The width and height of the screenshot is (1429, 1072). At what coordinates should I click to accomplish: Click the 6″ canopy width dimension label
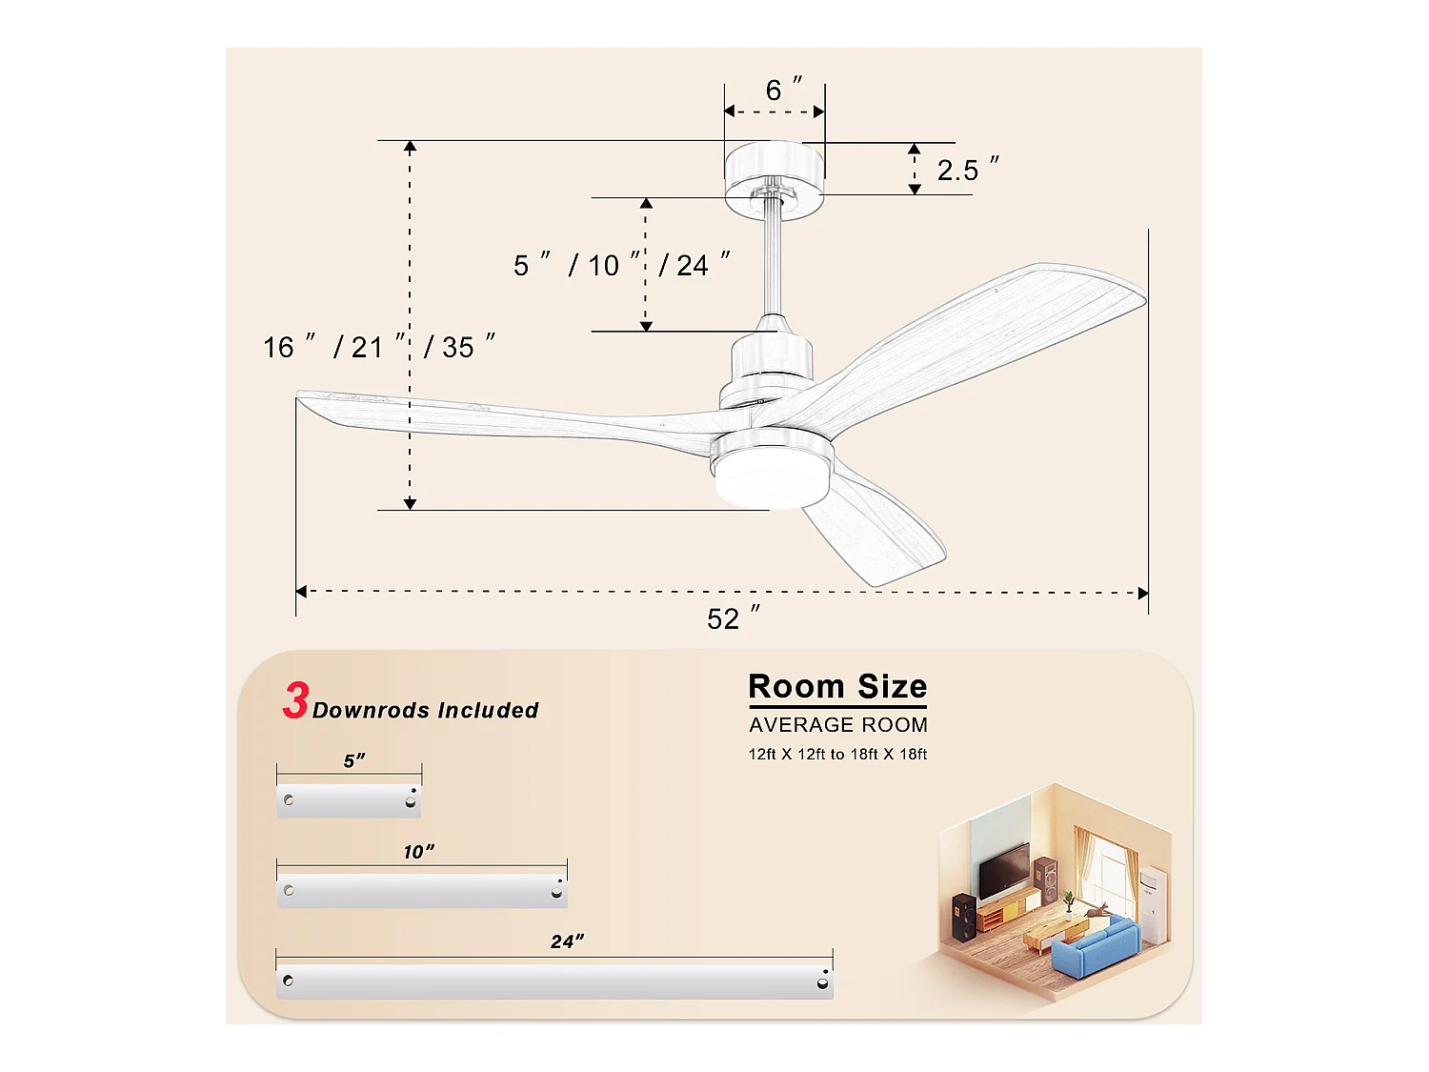click(x=782, y=90)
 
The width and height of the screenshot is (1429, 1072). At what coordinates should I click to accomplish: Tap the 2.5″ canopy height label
click(x=966, y=170)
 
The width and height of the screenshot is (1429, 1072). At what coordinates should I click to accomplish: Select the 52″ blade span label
click(x=733, y=618)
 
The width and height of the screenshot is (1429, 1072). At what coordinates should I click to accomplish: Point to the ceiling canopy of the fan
click(x=773, y=176)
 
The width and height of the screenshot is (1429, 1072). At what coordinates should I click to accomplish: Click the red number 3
click(x=295, y=701)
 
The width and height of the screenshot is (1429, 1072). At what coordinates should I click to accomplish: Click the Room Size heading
click(x=837, y=687)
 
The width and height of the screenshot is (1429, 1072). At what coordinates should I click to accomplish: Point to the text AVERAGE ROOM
click(x=837, y=725)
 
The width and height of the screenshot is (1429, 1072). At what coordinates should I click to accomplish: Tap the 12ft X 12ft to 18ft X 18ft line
click(x=837, y=755)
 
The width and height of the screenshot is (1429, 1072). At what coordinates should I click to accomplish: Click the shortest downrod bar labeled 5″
click(x=349, y=800)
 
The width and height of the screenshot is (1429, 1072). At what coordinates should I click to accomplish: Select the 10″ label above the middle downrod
click(x=418, y=852)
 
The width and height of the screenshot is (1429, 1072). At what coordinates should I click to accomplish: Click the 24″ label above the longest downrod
click(x=567, y=941)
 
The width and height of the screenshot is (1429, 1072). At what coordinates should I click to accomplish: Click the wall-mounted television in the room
click(x=1004, y=871)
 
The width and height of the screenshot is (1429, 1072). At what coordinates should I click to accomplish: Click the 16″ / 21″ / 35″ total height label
click(x=378, y=347)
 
